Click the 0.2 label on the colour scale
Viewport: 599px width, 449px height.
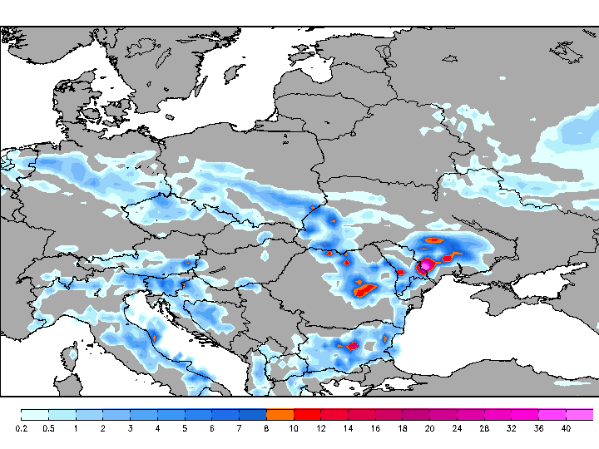click(22, 428)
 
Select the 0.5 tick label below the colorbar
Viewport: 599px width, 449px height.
click(48, 428)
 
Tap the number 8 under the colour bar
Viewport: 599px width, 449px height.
click(266, 428)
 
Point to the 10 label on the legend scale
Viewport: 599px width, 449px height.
click(294, 428)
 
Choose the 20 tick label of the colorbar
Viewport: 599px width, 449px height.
click(429, 428)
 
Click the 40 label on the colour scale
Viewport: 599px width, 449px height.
click(566, 428)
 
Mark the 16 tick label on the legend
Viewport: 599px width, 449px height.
click(375, 428)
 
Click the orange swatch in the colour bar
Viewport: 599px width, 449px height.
click(280, 414)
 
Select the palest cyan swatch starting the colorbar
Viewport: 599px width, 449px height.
click(34, 414)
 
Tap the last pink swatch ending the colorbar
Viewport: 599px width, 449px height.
click(580, 414)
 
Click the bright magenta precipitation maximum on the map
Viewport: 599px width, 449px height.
click(426, 265)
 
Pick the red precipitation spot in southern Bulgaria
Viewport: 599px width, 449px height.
click(352, 345)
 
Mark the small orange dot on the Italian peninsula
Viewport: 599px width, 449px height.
click(155, 337)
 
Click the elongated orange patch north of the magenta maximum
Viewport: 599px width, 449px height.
click(433, 240)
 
